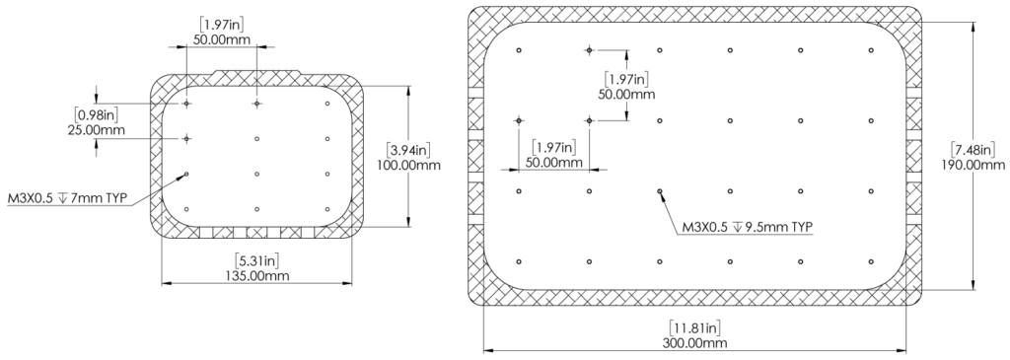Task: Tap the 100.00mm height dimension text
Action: (x=408, y=165)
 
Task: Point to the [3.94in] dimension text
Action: (x=408, y=150)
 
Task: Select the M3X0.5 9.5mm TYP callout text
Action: (x=748, y=227)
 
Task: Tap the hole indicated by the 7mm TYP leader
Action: (x=185, y=175)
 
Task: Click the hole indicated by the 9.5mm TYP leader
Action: (x=659, y=191)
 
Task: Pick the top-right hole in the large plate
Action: (x=870, y=50)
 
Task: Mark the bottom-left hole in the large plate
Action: (x=518, y=261)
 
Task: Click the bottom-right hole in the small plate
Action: (x=326, y=209)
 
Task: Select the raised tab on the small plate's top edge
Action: (x=255, y=73)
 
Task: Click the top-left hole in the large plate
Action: (x=518, y=50)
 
